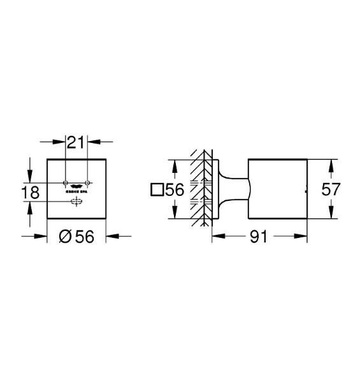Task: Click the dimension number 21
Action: [x=77, y=142]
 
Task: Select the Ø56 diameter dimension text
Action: [x=77, y=236]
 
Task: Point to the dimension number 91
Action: [x=257, y=236]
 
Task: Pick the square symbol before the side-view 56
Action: [x=156, y=189]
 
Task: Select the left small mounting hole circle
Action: [x=66, y=182]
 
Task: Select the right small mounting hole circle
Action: [x=88, y=182]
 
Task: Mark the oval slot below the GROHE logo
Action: [x=77, y=202]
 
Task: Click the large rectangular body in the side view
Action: [x=277, y=189]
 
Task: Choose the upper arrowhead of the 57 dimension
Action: [x=329, y=163]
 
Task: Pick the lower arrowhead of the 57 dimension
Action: [x=329, y=216]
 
